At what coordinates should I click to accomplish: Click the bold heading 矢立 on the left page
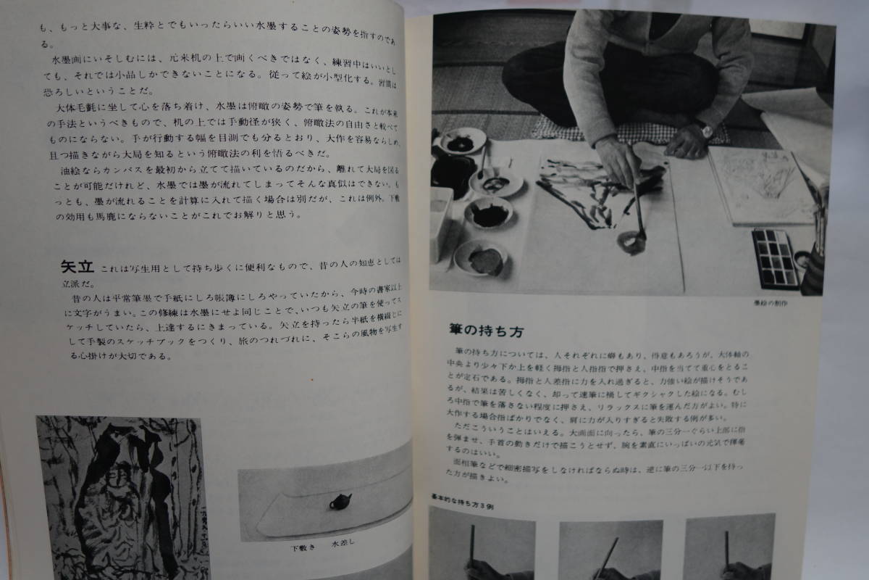tap(79, 266)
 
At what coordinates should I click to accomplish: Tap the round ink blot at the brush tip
tap(634, 241)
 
